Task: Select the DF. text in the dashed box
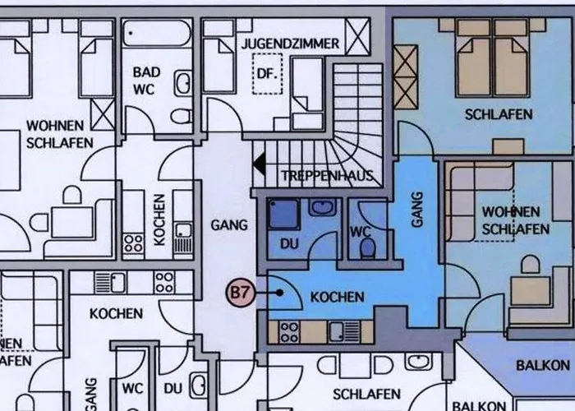click(x=267, y=72)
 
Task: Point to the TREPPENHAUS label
click(x=327, y=175)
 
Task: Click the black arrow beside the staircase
click(x=259, y=165)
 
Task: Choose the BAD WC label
click(x=146, y=80)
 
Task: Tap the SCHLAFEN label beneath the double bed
click(x=498, y=114)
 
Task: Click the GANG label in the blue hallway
click(x=416, y=210)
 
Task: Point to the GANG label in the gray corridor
click(x=223, y=223)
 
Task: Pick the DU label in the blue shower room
click(x=289, y=244)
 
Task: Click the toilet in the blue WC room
click(x=367, y=247)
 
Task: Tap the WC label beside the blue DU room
click(x=360, y=231)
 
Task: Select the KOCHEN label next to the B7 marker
click(x=337, y=296)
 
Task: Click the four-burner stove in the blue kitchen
click(x=289, y=331)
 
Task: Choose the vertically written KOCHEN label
click(x=159, y=220)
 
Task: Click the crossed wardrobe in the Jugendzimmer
click(x=358, y=36)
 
